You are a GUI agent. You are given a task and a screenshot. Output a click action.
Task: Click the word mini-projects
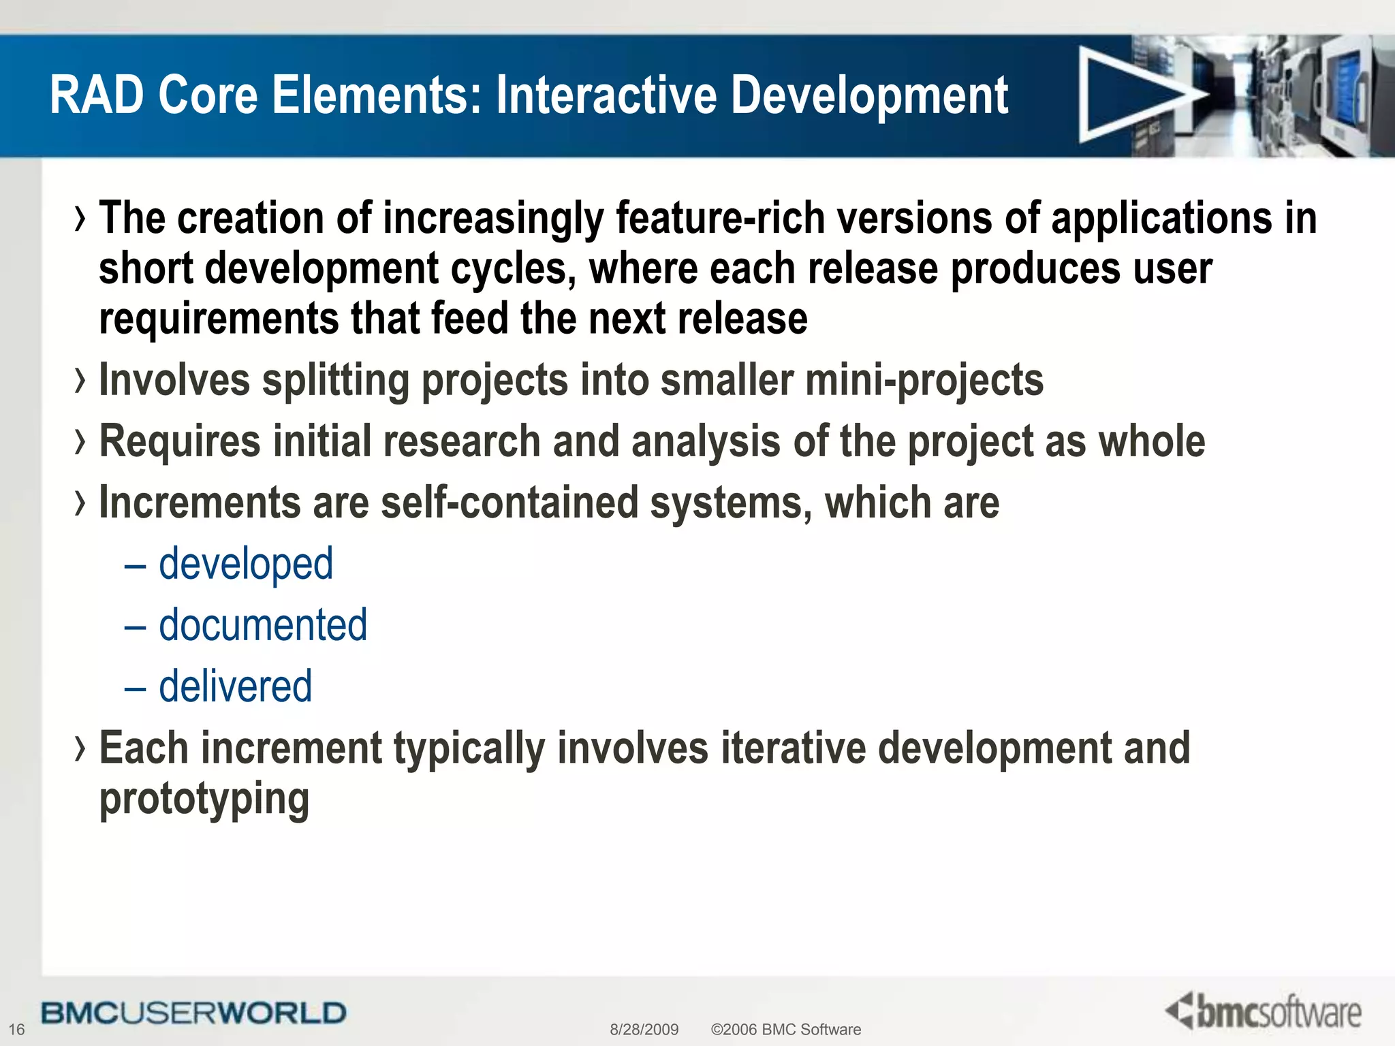coord(924,380)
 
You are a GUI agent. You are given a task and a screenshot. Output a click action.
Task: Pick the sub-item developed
coord(246,565)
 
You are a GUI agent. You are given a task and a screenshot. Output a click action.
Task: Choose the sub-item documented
coord(263,625)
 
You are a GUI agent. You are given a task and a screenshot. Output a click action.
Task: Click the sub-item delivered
coord(235,686)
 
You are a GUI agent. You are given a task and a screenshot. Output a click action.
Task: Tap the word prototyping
coord(204,799)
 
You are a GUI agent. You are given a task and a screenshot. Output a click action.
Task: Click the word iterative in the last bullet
coord(793,748)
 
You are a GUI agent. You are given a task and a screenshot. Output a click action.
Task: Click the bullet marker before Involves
coord(80,380)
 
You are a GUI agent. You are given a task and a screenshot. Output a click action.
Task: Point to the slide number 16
coord(16,1030)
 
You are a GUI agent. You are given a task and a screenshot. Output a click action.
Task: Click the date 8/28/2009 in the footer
coord(644,1030)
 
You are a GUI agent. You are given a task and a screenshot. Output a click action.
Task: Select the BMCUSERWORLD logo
coord(193,1013)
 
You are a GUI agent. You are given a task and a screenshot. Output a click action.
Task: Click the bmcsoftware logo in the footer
coord(1264,1011)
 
